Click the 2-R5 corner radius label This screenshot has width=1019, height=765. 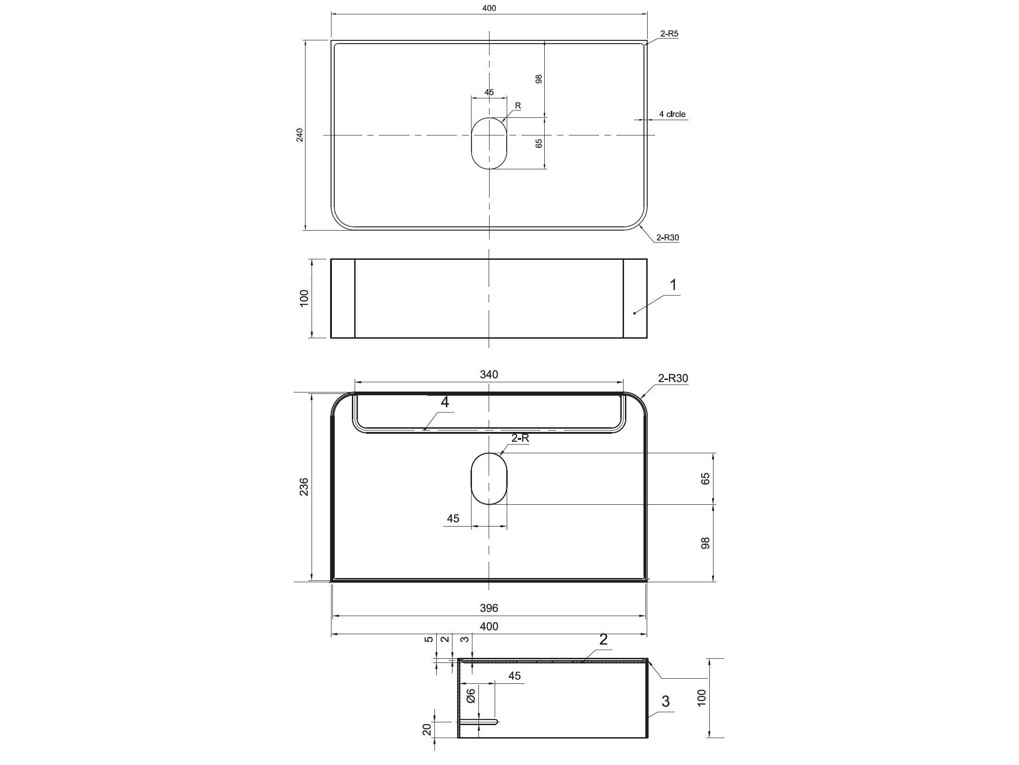coord(669,34)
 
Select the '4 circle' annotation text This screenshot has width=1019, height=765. coord(672,114)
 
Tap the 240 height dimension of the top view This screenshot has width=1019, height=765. coord(299,135)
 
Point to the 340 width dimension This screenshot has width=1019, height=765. coord(489,374)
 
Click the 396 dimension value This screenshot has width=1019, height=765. coord(489,608)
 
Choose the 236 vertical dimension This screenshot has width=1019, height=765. coord(304,487)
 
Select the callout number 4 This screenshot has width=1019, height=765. coord(445,402)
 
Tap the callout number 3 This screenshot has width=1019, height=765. coord(665,701)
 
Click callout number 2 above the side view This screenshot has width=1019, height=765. coord(603,640)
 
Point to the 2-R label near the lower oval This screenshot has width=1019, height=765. coord(520,438)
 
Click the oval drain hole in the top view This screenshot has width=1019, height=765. coord(489,143)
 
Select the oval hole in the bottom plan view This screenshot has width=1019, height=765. coord(489,479)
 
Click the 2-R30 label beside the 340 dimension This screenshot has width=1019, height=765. coord(673,379)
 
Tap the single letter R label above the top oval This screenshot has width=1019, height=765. coord(518,106)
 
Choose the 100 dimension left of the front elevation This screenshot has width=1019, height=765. coord(304,298)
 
